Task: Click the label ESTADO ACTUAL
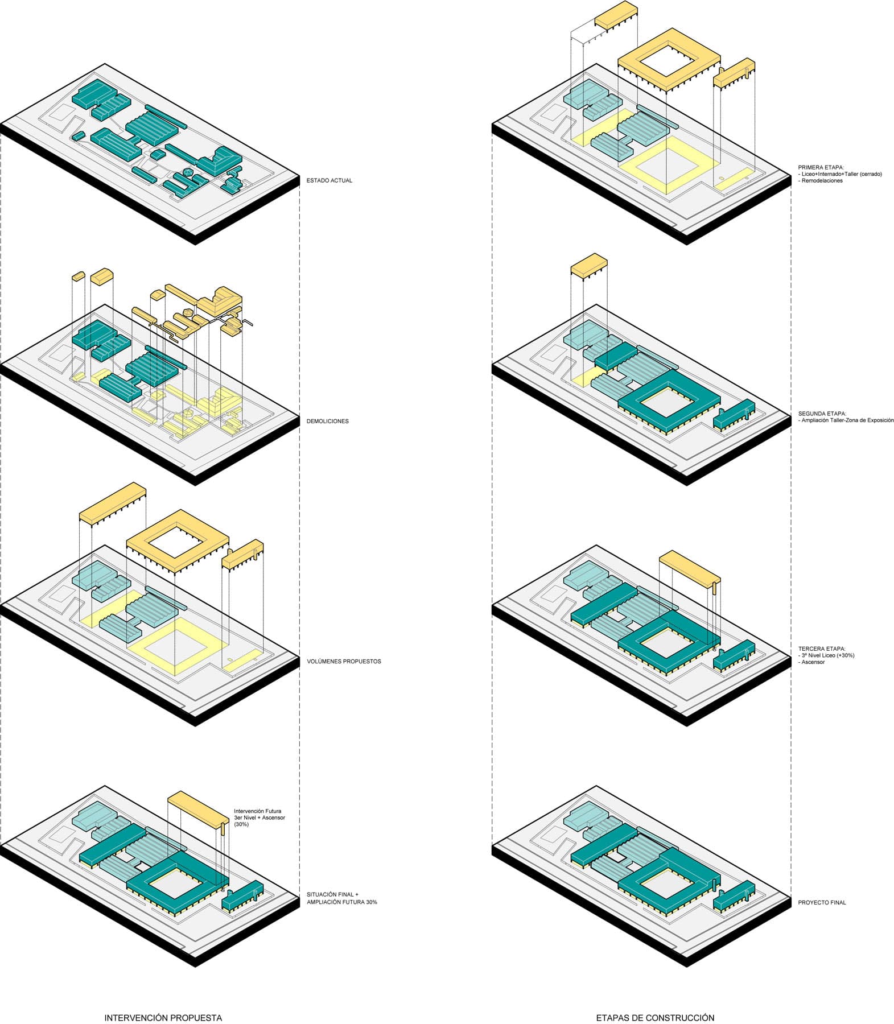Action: [329, 180]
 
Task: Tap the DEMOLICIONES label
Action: [327, 421]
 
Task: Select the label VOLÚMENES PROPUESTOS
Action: [344, 662]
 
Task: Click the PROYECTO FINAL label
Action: [822, 902]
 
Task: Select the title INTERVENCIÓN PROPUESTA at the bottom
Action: [163, 1017]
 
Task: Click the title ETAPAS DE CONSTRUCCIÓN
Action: [655, 1017]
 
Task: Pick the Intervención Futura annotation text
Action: [257, 811]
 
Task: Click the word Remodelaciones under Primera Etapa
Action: [822, 181]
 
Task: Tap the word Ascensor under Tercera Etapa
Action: [813, 662]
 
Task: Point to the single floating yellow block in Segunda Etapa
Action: [589, 266]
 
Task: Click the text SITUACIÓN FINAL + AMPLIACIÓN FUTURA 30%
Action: [341, 898]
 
